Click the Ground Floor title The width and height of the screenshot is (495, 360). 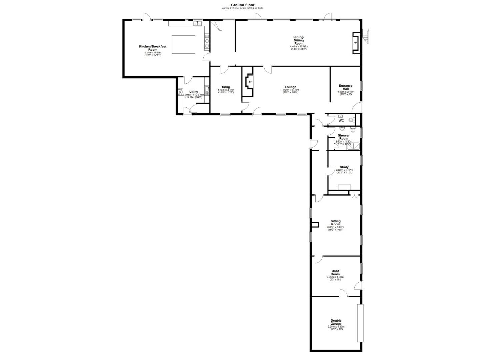coord(242,5)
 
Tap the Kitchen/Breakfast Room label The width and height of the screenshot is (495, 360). coord(153,48)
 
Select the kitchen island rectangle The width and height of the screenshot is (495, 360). coord(183,44)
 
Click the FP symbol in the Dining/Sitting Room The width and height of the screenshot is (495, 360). coord(355,43)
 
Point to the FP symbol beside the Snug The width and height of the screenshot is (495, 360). coord(250,82)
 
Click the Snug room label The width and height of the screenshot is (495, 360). coord(226,87)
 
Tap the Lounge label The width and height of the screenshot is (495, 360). coord(290,87)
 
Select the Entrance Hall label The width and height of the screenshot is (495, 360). coord(345,87)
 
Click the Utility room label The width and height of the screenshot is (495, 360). coord(194,92)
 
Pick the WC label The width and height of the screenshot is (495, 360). coord(341,121)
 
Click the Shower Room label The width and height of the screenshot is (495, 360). coord(344,137)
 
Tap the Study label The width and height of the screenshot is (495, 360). coord(344,167)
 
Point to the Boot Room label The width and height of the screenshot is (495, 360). coord(335,272)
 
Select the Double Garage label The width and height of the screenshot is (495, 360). coord(336,322)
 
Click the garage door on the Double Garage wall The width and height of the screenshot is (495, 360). coord(360,323)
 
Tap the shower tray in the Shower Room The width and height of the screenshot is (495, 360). coord(353,146)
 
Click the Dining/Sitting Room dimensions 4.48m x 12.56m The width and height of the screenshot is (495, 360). coord(299,46)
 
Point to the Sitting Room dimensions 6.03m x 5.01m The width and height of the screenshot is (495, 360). coord(335,227)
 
